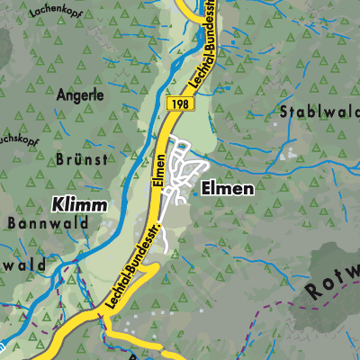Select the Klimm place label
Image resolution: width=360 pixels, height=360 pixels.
coord(78,205)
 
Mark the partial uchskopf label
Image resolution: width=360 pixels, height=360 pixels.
coord(18,140)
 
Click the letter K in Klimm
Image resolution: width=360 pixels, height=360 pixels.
coord(57,205)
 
